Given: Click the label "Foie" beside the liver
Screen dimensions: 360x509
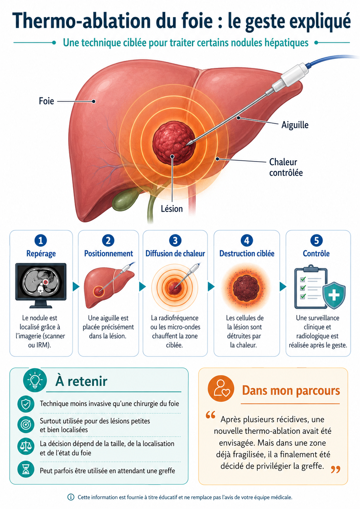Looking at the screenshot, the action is coord(46,101).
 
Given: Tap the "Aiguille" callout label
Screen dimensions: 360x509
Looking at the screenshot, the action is coord(295,125).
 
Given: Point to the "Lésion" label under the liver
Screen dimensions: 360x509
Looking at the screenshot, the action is coord(172,209).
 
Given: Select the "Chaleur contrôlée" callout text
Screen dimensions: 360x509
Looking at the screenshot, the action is coord(286,167).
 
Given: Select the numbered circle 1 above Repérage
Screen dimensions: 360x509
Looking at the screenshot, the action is coord(41,240).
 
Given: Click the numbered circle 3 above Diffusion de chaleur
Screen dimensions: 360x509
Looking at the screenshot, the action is coord(175,240).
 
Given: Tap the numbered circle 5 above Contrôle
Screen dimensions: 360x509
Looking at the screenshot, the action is coord(316,240).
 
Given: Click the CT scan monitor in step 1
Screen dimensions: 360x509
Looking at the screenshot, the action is coord(41,285).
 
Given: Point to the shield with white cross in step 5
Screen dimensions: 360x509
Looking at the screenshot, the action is coord(334,295).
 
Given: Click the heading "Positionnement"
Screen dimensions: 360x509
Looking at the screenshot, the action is coord(109,254).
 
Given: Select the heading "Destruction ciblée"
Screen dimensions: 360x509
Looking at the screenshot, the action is coord(247,254).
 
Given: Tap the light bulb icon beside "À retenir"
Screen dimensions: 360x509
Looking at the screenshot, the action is coord(35,380).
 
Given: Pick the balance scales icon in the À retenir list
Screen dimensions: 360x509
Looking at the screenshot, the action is coord(26,446).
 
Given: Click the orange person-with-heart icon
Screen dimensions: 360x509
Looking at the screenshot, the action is coord(221,389).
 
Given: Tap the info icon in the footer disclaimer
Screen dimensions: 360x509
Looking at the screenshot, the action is coord(71,497).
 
